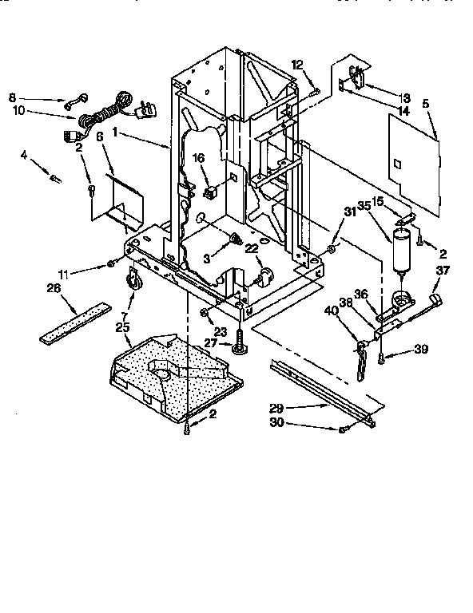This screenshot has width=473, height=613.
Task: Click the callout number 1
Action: [116, 133]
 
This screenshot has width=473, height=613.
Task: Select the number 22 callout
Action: [252, 249]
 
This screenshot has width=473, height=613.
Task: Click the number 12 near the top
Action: [298, 64]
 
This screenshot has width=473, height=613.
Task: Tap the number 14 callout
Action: [381, 110]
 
